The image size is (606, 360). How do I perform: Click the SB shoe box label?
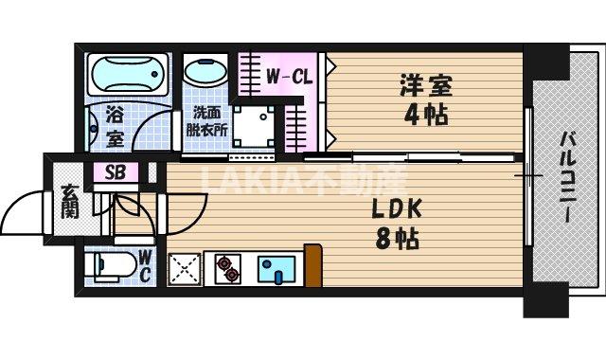click(x=115, y=173)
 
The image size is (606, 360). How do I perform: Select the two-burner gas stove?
click(x=227, y=268)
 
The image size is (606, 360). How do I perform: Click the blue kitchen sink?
click(x=276, y=268)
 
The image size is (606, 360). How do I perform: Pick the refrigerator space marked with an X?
click(x=184, y=270)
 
